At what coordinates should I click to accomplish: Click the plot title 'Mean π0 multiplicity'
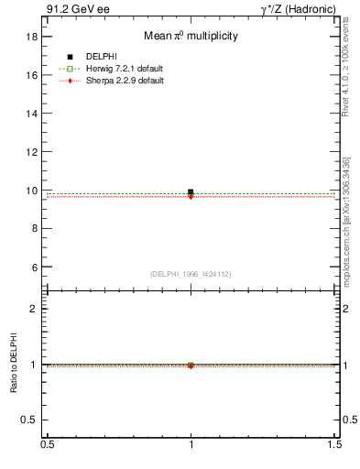coord(191,36)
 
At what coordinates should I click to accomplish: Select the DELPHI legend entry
coord(101,58)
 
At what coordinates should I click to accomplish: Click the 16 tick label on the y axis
coord(32,75)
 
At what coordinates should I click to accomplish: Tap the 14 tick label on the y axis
coord(32,114)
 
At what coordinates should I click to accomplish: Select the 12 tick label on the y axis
coord(32,152)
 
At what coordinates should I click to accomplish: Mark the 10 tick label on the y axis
coord(32,191)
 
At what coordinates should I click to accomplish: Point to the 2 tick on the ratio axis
coord(35,309)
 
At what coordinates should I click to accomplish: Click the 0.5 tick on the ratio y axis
coord(30,420)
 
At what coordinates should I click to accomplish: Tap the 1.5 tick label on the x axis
coord(335,444)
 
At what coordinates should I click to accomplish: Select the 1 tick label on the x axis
coord(191,444)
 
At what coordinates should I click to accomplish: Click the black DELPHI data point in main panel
coord(191,192)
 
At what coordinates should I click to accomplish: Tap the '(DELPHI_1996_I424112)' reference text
coord(191,273)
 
